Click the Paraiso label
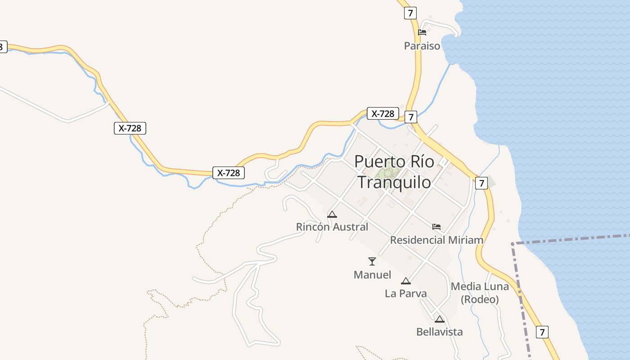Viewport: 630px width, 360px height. point(422,46)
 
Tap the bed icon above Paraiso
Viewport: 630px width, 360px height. point(422,32)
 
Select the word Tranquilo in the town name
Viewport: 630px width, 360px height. point(394,182)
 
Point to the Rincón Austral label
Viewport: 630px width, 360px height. point(332,227)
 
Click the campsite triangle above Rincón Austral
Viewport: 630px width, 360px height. point(332,214)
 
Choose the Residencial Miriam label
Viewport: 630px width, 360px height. point(436,240)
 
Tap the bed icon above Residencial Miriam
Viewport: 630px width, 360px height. point(436,226)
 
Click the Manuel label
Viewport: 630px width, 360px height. point(372,274)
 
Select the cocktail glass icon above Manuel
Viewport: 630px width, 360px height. point(372,261)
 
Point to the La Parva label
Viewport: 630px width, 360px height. point(405,293)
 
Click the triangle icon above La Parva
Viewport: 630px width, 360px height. point(406,281)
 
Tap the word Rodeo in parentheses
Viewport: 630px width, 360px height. point(480,299)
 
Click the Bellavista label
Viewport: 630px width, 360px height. point(439,332)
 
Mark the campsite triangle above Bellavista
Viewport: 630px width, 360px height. point(440,319)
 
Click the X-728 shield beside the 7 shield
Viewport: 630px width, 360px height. point(382,113)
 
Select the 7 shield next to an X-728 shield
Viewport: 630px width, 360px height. point(410,117)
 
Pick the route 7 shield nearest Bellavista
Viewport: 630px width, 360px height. point(542,332)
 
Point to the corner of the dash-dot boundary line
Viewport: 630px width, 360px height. point(513,244)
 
